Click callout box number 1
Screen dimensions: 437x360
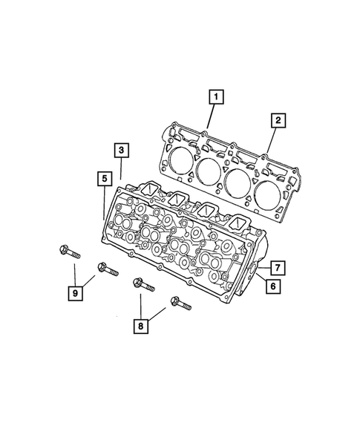215,96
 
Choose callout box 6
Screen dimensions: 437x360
272,286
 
